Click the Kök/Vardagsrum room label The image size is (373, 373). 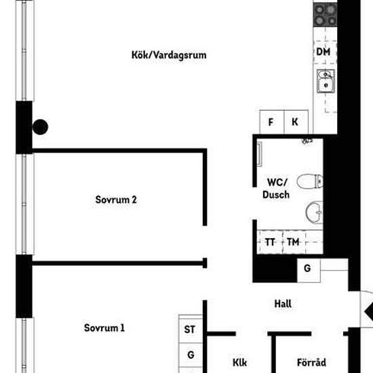coord(168,55)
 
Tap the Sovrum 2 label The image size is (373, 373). coord(116,200)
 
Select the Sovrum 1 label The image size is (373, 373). coord(104,328)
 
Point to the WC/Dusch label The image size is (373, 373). coord(276,188)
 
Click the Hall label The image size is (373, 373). coord(283,304)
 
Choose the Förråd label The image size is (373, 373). coord(311,362)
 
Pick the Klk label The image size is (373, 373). coord(239,362)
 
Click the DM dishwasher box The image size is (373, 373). coord(323,52)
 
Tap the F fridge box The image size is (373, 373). coord(271,123)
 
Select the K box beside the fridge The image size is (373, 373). coord(295,123)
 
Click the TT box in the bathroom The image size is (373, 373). coord(270,242)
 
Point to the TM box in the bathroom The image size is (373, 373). coord(293,242)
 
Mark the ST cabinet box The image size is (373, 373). coord(191,330)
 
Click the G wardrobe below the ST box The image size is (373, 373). coord(191,354)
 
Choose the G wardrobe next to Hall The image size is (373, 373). coord(307,269)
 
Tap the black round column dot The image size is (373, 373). coord(41,127)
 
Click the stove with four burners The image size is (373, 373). coord(325,14)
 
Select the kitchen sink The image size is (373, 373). coord(326,83)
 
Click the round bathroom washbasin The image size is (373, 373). coord(314,212)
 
